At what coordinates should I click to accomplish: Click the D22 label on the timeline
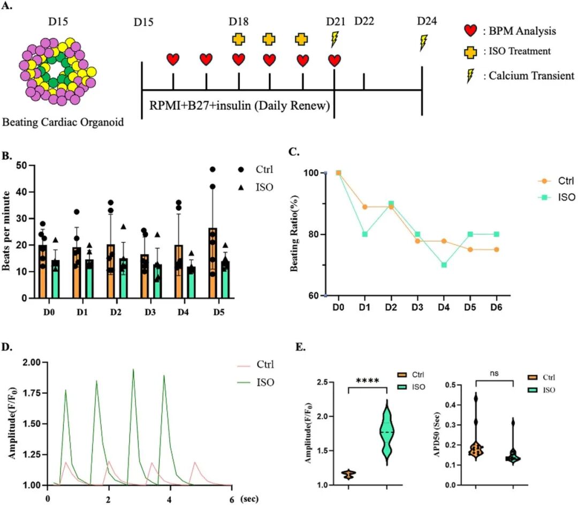click(364, 21)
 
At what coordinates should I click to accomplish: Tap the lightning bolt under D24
click(423, 42)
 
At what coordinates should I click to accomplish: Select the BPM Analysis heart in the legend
click(470, 30)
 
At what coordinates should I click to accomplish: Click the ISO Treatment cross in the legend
click(470, 52)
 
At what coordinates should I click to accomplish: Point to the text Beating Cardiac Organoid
click(63, 122)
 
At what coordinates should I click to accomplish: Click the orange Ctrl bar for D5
click(213, 263)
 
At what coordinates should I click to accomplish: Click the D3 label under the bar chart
click(150, 312)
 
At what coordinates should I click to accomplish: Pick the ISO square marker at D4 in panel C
click(444, 265)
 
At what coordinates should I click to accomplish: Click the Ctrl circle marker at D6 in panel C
click(497, 249)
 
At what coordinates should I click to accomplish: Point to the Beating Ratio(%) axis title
click(294, 234)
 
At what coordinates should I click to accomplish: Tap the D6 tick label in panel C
click(496, 307)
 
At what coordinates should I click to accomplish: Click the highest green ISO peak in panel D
click(133, 370)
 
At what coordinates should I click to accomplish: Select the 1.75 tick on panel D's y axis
click(32, 393)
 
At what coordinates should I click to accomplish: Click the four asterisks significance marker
click(368, 380)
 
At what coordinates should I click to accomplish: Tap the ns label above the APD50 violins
click(495, 373)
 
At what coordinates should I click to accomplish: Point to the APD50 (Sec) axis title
click(437, 434)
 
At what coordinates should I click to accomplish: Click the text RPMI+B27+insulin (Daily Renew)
click(239, 106)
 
